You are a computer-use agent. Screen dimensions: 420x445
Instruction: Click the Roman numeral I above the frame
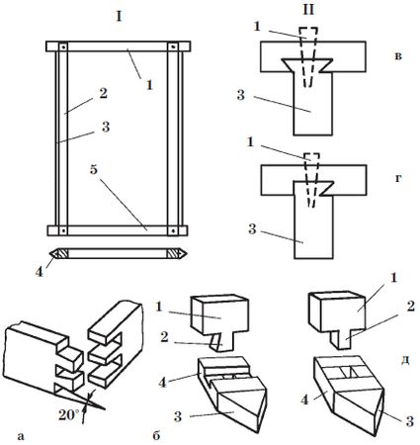(119, 17)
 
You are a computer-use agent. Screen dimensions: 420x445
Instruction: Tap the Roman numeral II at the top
(308, 11)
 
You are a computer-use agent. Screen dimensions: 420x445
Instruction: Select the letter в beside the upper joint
(398, 56)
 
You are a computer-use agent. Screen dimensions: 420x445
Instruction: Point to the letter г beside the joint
(398, 179)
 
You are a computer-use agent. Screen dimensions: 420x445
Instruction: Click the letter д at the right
(405, 360)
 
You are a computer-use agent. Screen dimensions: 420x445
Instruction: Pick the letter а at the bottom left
(21, 437)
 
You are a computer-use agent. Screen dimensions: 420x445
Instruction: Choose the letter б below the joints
(156, 435)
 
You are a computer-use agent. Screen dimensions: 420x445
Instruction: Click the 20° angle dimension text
(69, 415)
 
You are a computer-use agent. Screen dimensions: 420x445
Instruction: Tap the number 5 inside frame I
(94, 171)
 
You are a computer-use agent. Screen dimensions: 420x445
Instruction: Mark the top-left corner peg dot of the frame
(63, 46)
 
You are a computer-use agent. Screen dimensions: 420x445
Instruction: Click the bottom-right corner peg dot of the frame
(173, 230)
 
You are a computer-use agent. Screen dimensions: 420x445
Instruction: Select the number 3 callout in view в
(241, 95)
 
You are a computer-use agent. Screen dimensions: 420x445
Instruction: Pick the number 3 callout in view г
(252, 229)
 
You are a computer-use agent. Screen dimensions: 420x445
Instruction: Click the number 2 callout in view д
(410, 308)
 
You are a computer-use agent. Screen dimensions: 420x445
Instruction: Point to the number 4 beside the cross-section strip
(40, 272)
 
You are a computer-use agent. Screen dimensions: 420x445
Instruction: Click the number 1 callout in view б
(159, 308)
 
